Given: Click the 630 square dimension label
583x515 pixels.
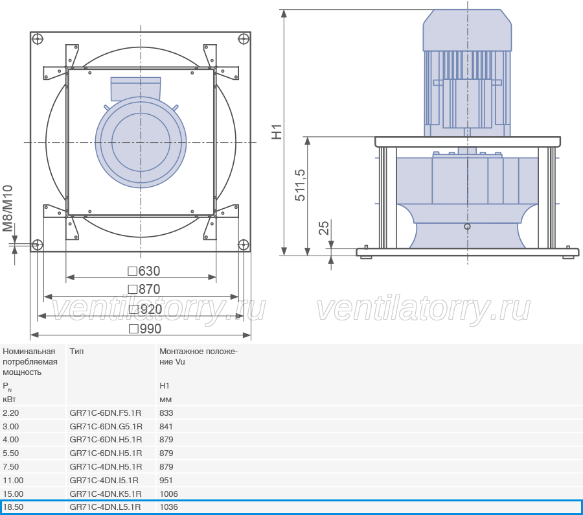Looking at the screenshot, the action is click(144, 270).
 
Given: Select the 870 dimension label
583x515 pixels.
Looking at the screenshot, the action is click(144, 289).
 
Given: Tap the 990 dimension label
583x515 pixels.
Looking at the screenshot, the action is click(145, 329).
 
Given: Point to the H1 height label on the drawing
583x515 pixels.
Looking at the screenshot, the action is click(277, 132).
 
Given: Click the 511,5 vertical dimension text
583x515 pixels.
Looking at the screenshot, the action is click(300, 185).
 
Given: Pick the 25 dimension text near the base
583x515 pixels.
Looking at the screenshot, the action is click(325, 228).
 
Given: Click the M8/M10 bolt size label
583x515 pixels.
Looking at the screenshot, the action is click(8, 209).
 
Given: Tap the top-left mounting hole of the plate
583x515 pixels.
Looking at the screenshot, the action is click(38, 39).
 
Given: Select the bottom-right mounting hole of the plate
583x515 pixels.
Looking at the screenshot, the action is click(243, 245).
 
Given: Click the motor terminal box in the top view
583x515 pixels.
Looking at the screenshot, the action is click(136, 88).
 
